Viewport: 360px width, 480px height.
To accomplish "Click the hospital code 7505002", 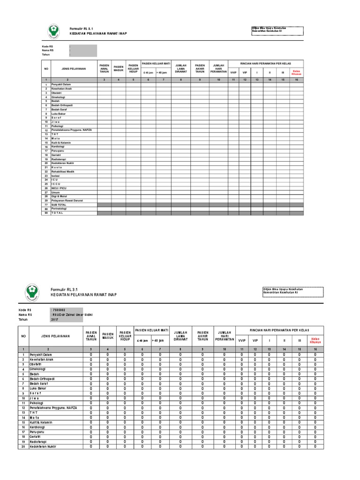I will click(x=59, y=310).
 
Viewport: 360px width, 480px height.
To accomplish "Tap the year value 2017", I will click(x=56, y=319).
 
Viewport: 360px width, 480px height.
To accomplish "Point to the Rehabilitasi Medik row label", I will click(x=61, y=171).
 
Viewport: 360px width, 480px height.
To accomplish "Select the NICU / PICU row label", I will click(x=59, y=188).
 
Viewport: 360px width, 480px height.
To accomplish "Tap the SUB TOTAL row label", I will click(x=59, y=205).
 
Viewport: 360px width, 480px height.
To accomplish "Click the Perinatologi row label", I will click(x=60, y=209).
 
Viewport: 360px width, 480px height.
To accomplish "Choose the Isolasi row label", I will click(x=56, y=175).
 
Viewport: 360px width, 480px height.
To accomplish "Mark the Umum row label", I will click(x=55, y=192).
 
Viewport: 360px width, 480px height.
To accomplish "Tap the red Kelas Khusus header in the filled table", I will click(x=315, y=340).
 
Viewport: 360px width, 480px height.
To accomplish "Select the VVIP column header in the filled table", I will click(x=242, y=340).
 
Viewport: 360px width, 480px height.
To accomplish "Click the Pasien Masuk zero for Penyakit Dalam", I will click(x=108, y=355).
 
